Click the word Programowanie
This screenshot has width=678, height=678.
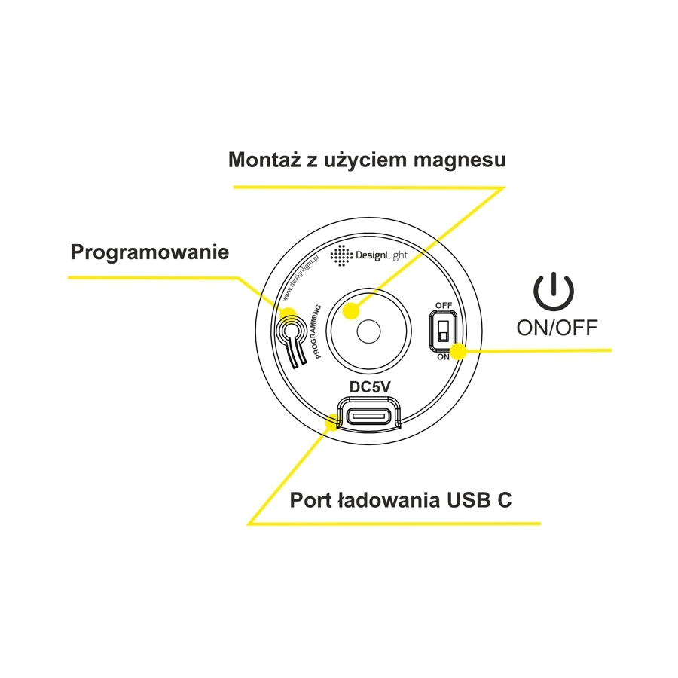pos(150,252)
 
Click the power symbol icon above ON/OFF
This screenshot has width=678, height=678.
pos(554,291)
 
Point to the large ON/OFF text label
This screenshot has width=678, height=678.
pos(557,328)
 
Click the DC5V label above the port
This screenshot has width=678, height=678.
pos(370,387)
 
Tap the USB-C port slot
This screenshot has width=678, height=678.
pos(369,417)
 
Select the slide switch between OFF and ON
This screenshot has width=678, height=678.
pos(443,331)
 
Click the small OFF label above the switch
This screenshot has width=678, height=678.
pos(444,305)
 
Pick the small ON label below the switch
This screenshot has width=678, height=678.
pos(443,357)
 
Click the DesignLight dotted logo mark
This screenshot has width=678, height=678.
pos(341,255)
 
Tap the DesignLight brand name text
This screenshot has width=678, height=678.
pos(381,255)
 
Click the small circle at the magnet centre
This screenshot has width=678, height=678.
pos(368,331)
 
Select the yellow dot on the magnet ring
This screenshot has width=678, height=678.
pos(351,310)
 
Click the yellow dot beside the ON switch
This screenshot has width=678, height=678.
pos(458,351)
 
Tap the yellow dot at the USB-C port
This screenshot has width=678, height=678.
pos(332,422)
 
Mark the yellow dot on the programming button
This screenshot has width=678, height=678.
pos(288,315)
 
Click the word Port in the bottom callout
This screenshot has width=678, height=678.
pos(310,500)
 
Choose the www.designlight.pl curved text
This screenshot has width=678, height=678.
pos(301,279)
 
